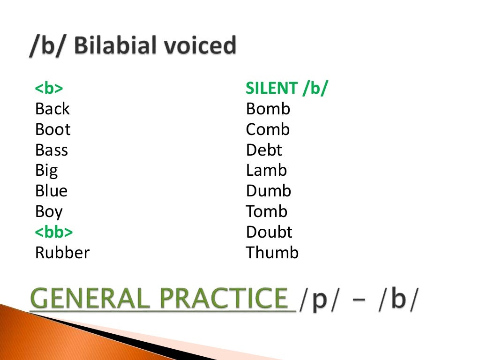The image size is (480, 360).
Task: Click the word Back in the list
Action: tap(52, 109)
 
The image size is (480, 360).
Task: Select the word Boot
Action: tap(52, 129)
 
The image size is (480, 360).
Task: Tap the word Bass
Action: tap(51, 150)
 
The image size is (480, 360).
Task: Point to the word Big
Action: tap(46, 171)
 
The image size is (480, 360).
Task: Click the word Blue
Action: tap(51, 191)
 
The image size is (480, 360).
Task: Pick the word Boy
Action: tap(49, 212)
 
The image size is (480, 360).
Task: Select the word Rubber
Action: tap(62, 253)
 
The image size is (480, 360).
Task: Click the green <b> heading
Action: tap(49, 89)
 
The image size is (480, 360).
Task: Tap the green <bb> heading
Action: tap(53, 232)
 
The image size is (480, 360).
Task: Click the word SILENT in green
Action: tap(271, 88)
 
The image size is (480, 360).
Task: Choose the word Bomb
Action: tap(268, 109)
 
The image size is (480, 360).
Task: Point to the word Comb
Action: tap(268, 129)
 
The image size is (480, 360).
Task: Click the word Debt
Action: tap(264, 150)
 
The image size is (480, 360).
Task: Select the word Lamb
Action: tap(266, 171)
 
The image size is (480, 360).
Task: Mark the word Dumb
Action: tap(269, 191)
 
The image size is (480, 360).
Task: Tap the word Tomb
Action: tap(266, 211)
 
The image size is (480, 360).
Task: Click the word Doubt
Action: tap(269, 232)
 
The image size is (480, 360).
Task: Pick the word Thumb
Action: tap(272, 253)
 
